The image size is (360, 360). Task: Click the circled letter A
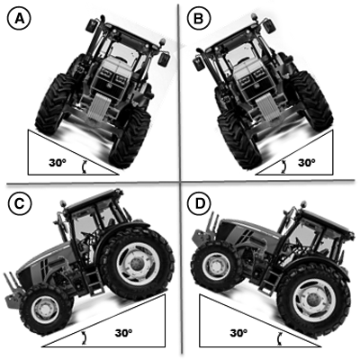pyautogui.click(x=19, y=19)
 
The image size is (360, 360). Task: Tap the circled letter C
pyautogui.click(x=20, y=203)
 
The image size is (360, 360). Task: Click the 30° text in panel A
pyautogui.click(x=58, y=163)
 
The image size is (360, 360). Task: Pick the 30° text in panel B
pyautogui.click(x=307, y=162)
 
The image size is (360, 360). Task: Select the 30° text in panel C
pyautogui.click(x=123, y=332)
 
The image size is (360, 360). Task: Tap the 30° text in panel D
pyautogui.click(x=238, y=332)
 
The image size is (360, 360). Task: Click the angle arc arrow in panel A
pyautogui.click(x=85, y=166)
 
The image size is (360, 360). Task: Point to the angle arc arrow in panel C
pyautogui.click(x=85, y=338)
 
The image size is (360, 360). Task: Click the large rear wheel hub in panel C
pyautogui.click(x=139, y=264)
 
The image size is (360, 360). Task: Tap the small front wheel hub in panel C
pyautogui.click(x=45, y=309)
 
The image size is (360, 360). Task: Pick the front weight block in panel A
pyautogui.click(x=98, y=107)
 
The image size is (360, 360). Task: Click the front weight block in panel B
pyautogui.click(x=267, y=107)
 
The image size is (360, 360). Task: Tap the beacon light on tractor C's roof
pyautogui.click(x=63, y=203)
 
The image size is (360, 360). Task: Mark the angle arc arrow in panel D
pyautogui.click(x=280, y=338)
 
